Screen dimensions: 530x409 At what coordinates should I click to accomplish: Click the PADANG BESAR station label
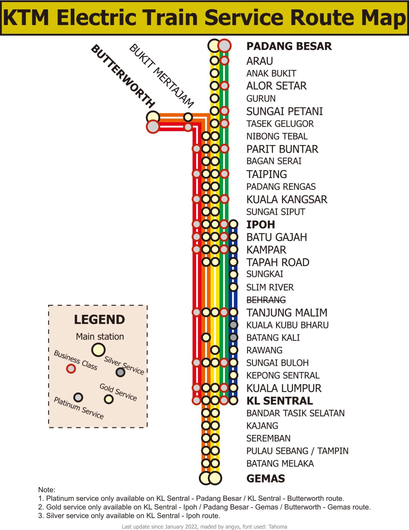click(289, 46)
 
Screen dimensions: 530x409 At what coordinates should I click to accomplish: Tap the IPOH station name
click(260, 225)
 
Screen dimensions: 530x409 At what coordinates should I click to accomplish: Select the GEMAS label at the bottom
click(266, 479)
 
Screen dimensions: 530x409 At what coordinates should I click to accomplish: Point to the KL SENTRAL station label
click(279, 401)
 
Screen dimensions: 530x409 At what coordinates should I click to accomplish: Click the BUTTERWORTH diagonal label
click(123, 76)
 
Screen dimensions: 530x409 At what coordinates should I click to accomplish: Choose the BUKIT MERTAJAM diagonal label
click(162, 76)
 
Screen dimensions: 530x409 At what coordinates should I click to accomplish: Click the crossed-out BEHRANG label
click(266, 300)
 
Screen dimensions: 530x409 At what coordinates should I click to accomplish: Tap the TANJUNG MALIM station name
click(286, 312)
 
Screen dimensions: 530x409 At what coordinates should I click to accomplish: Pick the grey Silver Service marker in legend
click(120, 372)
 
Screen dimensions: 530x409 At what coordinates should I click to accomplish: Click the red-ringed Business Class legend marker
click(71, 369)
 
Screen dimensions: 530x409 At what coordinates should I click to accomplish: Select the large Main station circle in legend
click(98, 350)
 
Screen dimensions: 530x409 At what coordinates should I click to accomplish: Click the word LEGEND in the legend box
click(99, 320)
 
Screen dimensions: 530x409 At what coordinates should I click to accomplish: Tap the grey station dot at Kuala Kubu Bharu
click(233, 325)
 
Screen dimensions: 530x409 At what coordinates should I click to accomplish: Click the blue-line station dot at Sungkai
click(233, 274)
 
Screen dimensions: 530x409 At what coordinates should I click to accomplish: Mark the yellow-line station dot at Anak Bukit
click(215, 73)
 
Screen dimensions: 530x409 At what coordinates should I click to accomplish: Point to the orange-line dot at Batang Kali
click(206, 337)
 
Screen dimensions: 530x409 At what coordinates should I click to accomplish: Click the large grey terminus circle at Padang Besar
click(224, 46)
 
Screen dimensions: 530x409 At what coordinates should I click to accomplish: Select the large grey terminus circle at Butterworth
click(153, 127)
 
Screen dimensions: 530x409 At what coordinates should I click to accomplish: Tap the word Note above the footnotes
click(46, 490)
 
